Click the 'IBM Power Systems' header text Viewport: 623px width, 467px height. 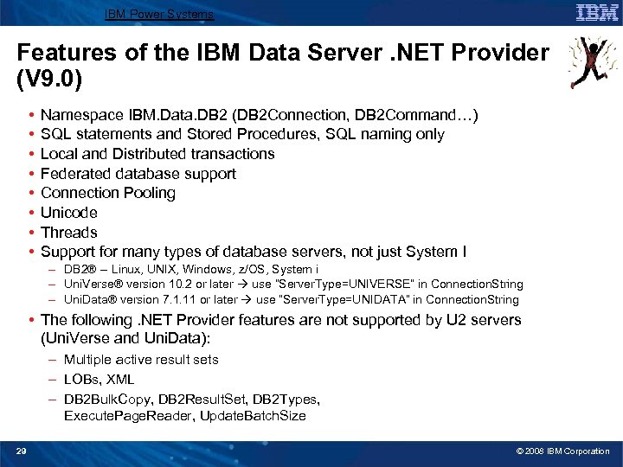[x=158, y=15]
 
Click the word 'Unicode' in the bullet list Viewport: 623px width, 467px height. [x=69, y=213]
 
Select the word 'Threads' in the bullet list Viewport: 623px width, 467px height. [x=69, y=232]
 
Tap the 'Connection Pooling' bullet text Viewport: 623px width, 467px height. [x=108, y=193]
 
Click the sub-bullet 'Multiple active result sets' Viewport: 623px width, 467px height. [x=141, y=360]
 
